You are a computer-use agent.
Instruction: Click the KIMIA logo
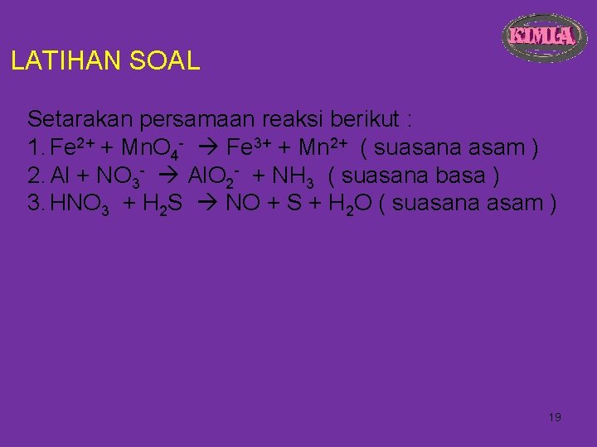(x=541, y=37)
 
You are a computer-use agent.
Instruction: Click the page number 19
(x=555, y=417)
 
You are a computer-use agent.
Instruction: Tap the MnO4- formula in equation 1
(x=152, y=148)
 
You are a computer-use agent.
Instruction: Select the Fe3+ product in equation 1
(x=252, y=147)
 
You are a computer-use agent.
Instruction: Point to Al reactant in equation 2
(x=60, y=176)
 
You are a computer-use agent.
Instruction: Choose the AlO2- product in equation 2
(x=214, y=176)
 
